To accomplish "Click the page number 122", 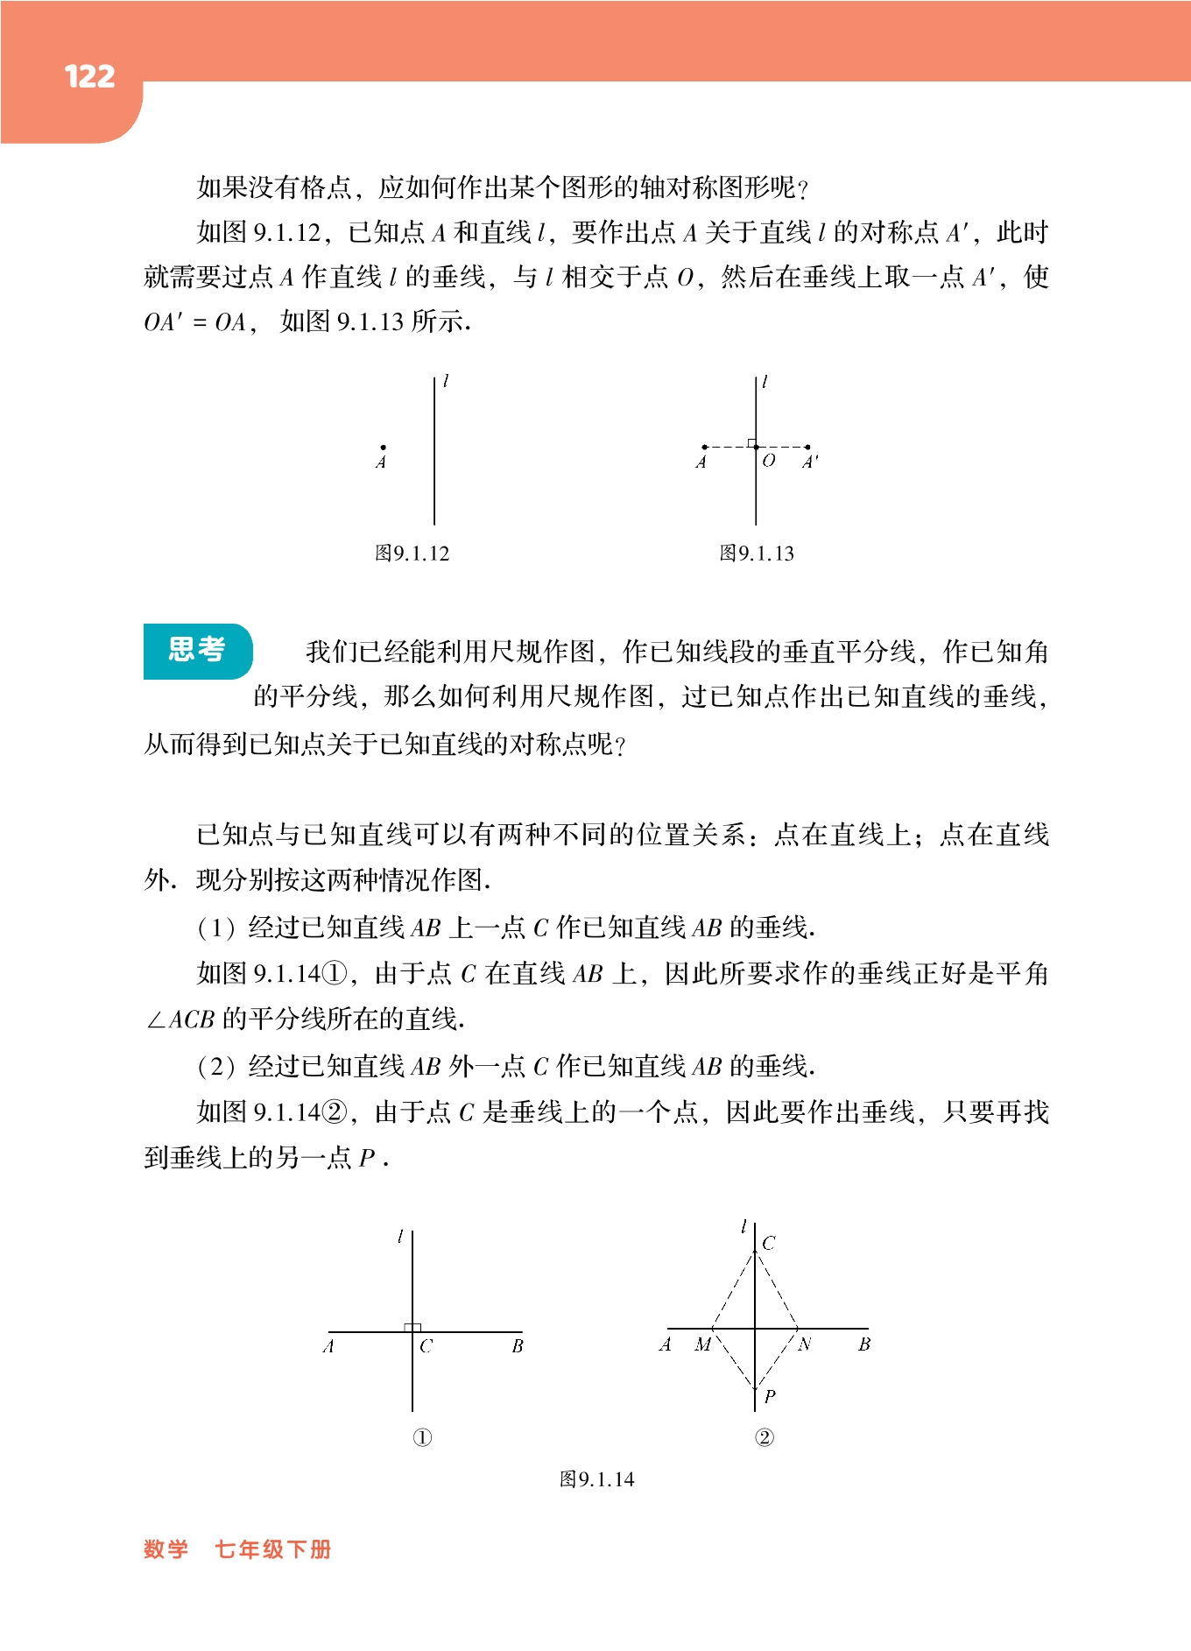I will pyautogui.click(x=89, y=77).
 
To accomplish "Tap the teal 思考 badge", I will pyautogui.click(x=197, y=650).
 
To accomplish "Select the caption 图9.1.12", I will pyautogui.click(x=412, y=554).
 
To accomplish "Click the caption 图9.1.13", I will pyautogui.click(x=757, y=554).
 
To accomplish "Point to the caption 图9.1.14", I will pyautogui.click(x=596, y=1479).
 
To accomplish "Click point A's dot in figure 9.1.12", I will pyautogui.click(x=383, y=448).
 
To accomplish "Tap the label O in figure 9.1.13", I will pyautogui.click(x=769, y=461).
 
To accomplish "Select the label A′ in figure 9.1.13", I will pyautogui.click(x=811, y=462).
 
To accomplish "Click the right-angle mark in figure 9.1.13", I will pyautogui.click(x=751, y=443).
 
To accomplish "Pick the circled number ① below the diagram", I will pyautogui.click(x=422, y=1437).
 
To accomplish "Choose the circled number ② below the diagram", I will pyautogui.click(x=765, y=1437).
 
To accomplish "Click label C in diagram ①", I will pyautogui.click(x=426, y=1346).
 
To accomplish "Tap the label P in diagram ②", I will pyautogui.click(x=770, y=1396).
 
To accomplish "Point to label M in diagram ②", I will pyautogui.click(x=702, y=1344).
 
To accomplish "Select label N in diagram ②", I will pyautogui.click(x=805, y=1344).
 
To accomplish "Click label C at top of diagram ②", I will pyautogui.click(x=769, y=1243).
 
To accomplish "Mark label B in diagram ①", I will pyautogui.click(x=518, y=1346).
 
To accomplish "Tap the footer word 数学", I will pyautogui.click(x=166, y=1549).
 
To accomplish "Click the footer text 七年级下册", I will pyautogui.click(x=273, y=1549).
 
